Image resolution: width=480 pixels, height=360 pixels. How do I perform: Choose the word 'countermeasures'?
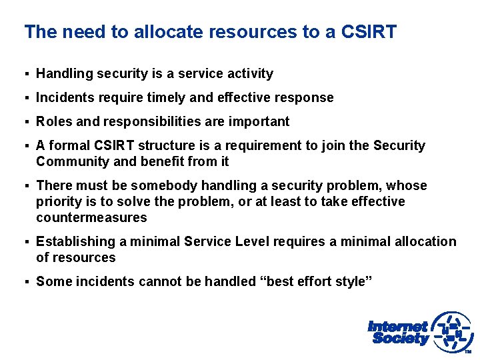tap(91, 217)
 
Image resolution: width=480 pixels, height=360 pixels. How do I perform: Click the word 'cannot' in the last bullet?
tap(159, 281)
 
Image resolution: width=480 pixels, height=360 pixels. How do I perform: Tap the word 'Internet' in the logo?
tap(397, 327)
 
